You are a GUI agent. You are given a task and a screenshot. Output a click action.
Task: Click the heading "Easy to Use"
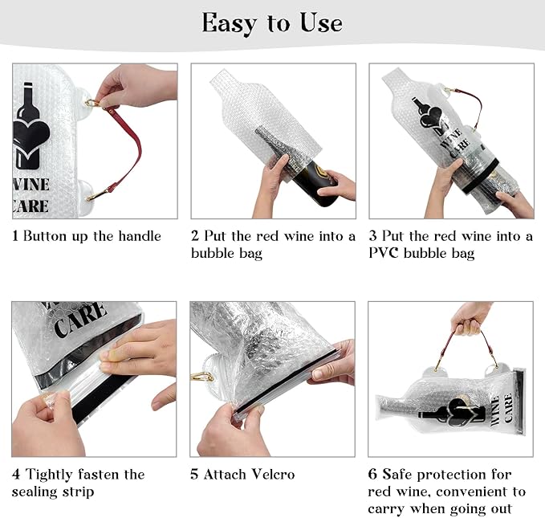pos(272,22)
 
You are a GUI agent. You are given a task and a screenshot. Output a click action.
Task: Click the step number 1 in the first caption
pos(15,236)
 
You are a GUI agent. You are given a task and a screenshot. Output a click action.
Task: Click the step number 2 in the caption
pos(194,236)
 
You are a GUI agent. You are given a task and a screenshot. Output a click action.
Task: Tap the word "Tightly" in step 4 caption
pos(49,474)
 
